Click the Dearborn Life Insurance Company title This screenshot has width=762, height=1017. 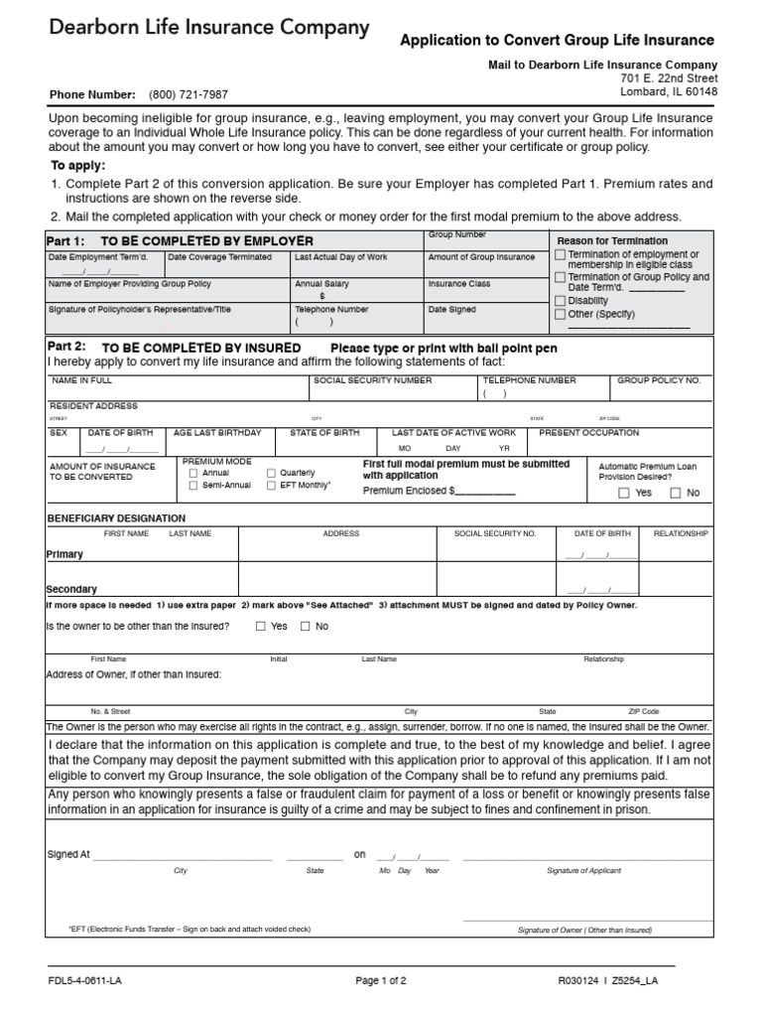[x=209, y=29]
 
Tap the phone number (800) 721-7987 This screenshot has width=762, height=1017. [x=188, y=95]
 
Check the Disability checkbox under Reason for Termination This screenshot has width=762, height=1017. [x=561, y=301]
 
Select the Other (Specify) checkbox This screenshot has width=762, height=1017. [x=561, y=314]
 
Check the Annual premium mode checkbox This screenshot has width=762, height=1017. [x=193, y=474]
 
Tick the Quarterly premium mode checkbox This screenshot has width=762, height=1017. [x=272, y=474]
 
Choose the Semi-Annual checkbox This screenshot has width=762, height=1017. [x=193, y=486]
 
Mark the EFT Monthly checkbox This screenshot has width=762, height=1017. [x=272, y=486]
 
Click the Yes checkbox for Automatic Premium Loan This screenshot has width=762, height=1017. [x=624, y=493]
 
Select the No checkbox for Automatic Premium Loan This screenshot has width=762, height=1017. [x=676, y=493]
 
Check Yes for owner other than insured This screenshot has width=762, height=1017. [x=261, y=627]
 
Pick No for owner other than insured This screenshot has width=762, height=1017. [x=306, y=627]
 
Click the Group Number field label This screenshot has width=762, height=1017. [x=456, y=234]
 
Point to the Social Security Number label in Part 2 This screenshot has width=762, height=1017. [x=372, y=380]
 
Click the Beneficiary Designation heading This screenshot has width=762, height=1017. [x=116, y=518]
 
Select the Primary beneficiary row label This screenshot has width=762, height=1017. [x=64, y=554]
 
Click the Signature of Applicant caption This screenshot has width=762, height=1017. [x=583, y=871]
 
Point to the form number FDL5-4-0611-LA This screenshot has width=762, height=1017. [x=85, y=981]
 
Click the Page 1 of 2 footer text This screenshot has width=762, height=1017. [x=381, y=981]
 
